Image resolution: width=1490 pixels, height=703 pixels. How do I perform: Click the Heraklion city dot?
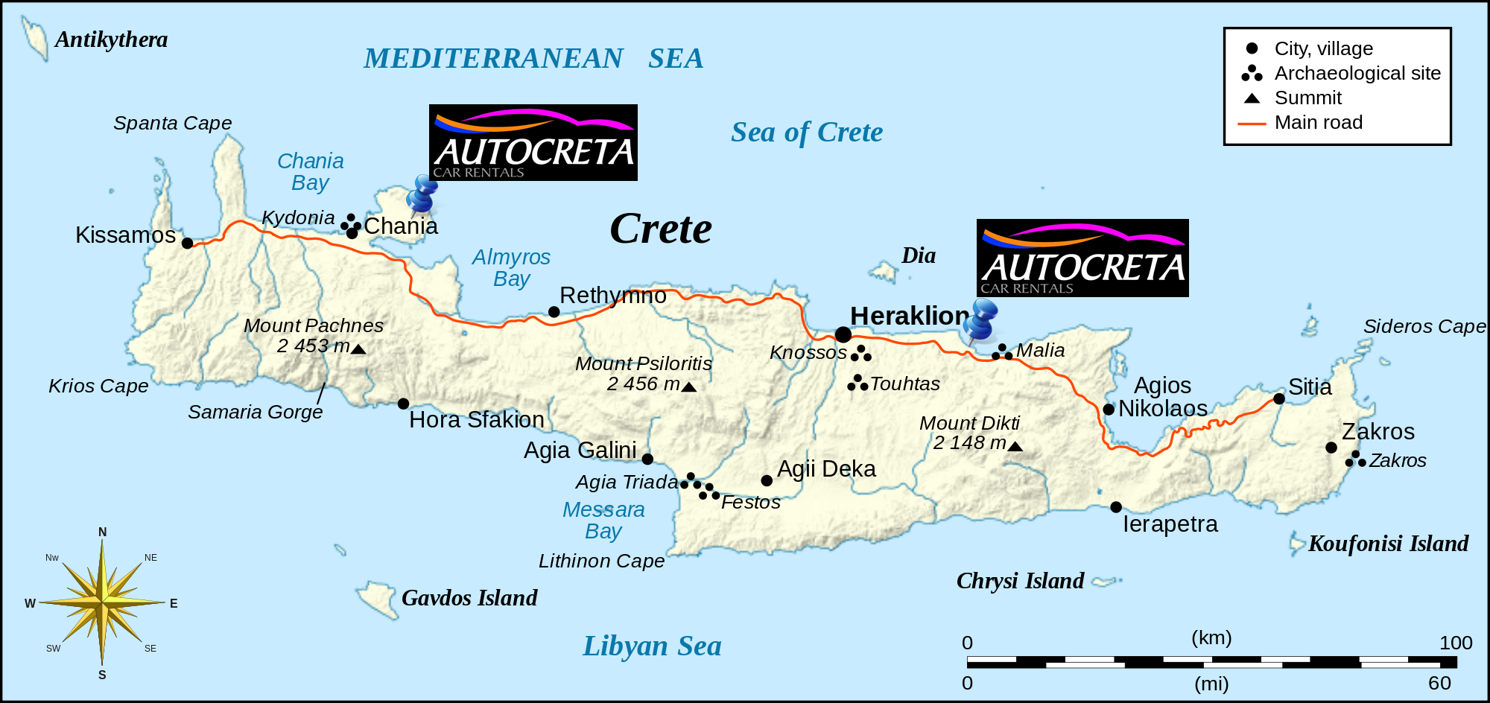[843, 334]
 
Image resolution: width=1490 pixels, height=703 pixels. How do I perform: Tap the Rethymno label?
[612, 296]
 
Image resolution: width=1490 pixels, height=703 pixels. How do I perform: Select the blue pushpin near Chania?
[422, 194]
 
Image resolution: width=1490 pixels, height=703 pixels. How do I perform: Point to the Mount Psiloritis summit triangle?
[689, 387]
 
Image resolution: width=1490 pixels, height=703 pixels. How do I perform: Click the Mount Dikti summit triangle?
[1015, 446]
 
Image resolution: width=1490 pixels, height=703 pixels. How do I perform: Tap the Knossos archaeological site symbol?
[860, 354]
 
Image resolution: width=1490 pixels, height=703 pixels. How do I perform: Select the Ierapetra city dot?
[1116, 507]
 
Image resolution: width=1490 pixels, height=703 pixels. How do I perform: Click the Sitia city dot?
[1279, 398]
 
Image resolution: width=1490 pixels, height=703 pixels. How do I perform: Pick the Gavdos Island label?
[469, 598]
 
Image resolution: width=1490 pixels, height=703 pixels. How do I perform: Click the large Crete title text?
[660, 229]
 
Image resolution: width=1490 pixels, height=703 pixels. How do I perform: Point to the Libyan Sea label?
[651, 646]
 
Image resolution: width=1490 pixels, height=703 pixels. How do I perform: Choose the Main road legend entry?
[1318, 123]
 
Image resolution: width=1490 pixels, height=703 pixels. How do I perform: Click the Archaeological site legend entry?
[1357, 73]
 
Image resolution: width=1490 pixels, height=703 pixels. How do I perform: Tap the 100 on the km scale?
[1455, 643]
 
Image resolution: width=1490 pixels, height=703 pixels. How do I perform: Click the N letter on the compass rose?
[103, 532]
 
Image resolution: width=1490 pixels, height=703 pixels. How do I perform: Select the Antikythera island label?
[111, 39]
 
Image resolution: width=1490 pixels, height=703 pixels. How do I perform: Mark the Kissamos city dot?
[188, 243]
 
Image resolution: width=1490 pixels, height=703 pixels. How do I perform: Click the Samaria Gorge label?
[255, 412]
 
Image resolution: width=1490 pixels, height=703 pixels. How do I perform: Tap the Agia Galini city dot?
[647, 459]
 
